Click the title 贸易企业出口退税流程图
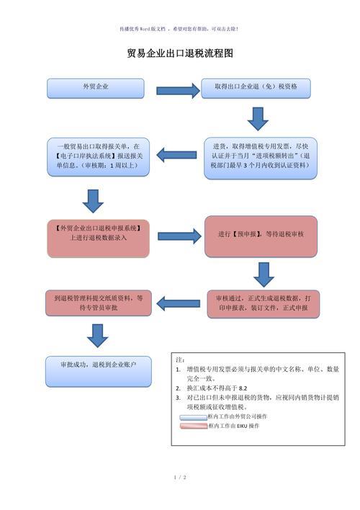tap(180, 53)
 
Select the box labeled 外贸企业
tap(96, 87)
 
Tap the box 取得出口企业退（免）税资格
tap(256, 87)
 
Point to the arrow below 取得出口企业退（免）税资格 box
tap(257, 118)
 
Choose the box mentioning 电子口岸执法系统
tap(98, 156)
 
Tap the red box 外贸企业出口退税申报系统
tap(99, 236)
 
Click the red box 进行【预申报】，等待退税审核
tap(261, 236)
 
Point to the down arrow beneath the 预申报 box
tap(264, 274)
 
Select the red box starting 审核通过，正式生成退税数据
tap(263, 303)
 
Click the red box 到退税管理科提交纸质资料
tap(99, 302)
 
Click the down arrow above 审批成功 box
tap(96, 334)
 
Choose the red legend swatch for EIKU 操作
tap(192, 426)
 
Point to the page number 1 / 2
tap(180, 477)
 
